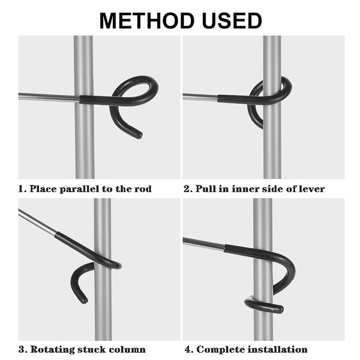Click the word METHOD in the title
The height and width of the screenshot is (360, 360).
(147, 21)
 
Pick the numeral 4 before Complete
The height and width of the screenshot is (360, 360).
(188, 350)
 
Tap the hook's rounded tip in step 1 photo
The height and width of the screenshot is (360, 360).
(139, 135)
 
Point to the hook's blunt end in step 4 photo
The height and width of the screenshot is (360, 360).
(280, 309)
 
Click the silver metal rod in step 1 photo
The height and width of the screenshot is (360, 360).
(49, 97)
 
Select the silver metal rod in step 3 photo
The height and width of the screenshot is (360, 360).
(37, 222)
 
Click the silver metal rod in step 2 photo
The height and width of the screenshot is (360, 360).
(200, 97)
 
